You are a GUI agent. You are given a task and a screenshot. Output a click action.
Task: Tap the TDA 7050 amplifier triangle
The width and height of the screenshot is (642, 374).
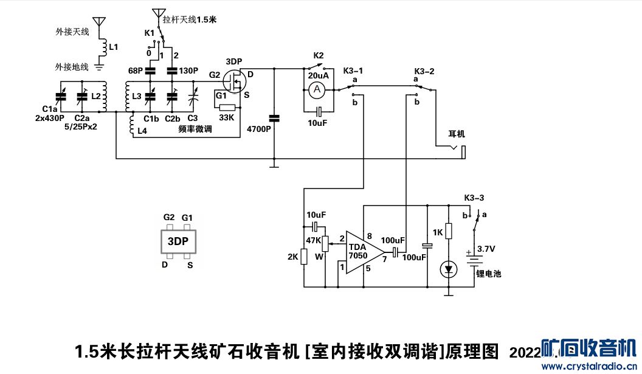pyautogui.click(x=363, y=251)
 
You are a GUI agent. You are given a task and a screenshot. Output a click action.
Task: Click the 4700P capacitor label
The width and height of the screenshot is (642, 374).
pyautogui.click(x=258, y=130)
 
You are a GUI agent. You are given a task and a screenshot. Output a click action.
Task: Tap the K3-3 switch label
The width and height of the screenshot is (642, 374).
pyautogui.click(x=474, y=198)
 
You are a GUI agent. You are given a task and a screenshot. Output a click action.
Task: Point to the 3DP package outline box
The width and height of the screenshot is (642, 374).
pyautogui.click(x=178, y=241)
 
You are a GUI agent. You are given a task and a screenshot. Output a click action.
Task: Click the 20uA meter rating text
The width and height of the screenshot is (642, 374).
pyautogui.click(x=319, y=75)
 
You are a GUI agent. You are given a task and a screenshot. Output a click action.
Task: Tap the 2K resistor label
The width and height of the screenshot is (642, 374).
pyautogui.click(x=292, y=257)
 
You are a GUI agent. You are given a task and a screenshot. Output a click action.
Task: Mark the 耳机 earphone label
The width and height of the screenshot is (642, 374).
pyautogui.click(x=456, y=134)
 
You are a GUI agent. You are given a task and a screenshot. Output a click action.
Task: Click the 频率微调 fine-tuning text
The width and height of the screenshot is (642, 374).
pyautogui.click(x=195, y=130)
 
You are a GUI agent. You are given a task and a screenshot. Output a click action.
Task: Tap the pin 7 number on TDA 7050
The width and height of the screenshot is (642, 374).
pyautogui.click(x=384, y=260)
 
